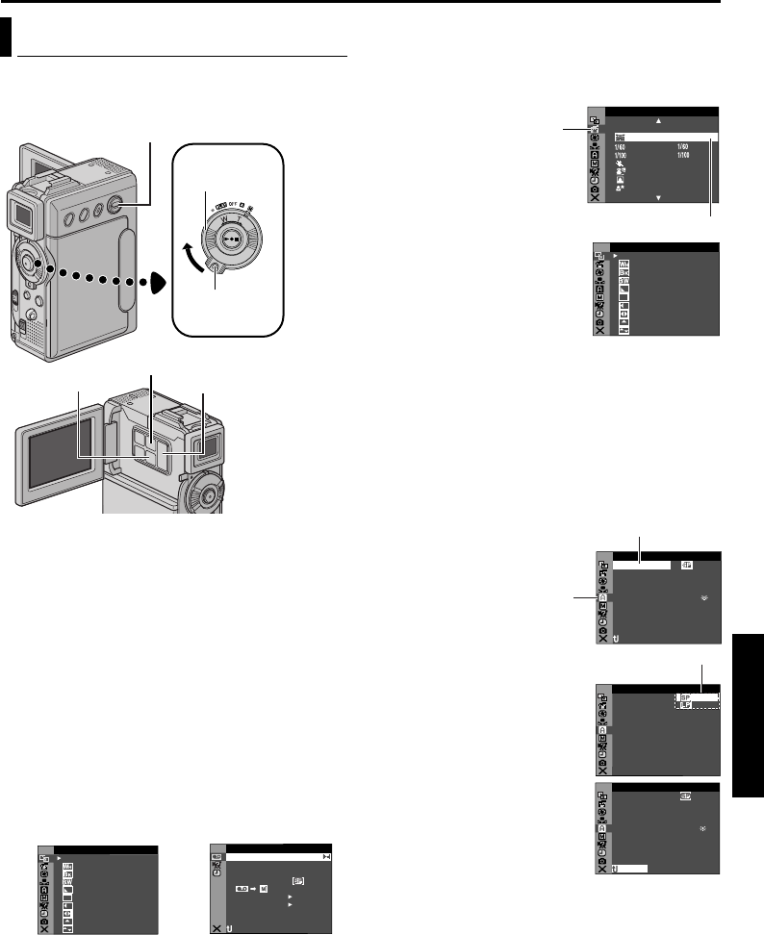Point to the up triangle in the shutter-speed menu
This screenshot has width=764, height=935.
tap(659, 121)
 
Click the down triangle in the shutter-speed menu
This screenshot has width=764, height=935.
tap(659, 197)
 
